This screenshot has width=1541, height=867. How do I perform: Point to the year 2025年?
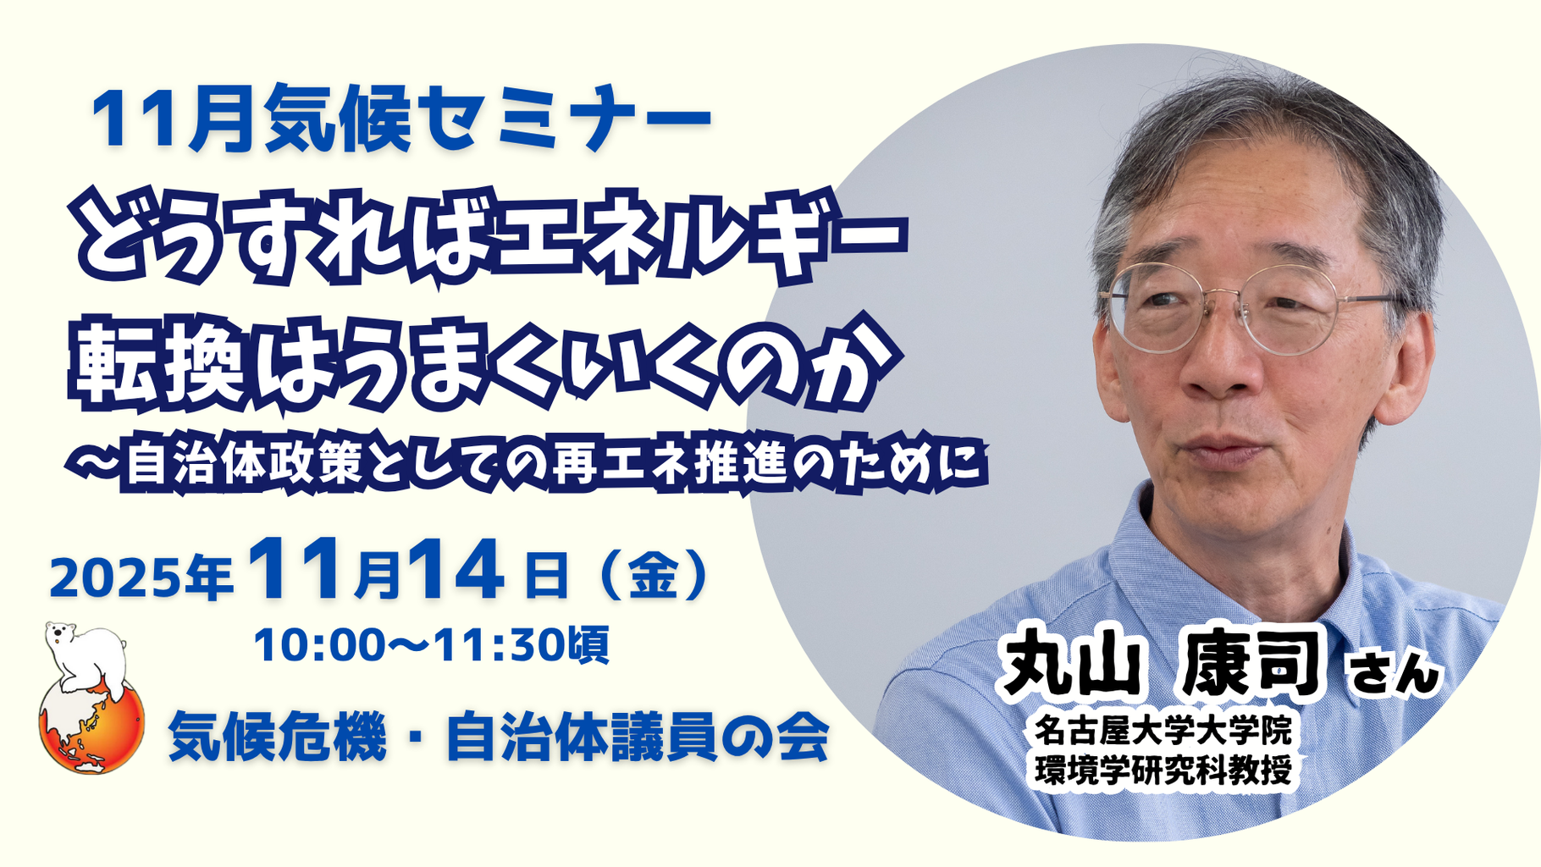[x=141, y=578]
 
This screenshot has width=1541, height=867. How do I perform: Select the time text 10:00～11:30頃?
[x=431, y=645]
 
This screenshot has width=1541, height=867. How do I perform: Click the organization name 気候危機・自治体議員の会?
[x=499, y=737]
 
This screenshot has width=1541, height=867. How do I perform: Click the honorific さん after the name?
[x=1395, y=673]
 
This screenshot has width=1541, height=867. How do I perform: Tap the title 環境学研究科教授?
[x=1163, y=769]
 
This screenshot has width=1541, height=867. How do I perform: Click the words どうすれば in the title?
[x=284, y=240]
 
